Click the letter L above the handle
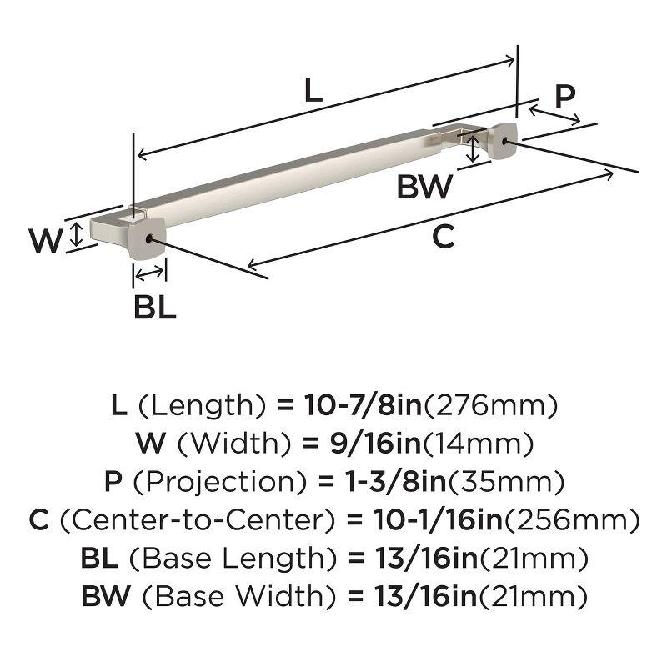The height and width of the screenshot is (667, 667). point(313,91)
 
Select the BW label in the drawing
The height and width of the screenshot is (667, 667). point(424,186)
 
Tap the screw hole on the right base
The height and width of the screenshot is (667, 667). point(506,143)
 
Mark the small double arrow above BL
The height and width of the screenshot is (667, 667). point(150,273)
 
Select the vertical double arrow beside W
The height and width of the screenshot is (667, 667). point(77,234)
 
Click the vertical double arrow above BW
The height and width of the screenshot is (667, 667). point(474,150)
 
